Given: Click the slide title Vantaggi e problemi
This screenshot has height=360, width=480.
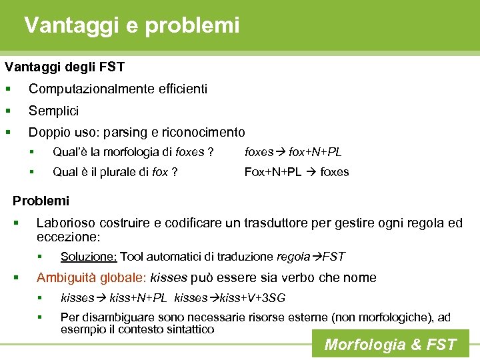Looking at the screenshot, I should point(131,25).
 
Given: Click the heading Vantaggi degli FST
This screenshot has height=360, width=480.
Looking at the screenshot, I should point(65,67).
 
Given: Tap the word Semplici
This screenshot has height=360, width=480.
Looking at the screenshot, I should point(53,111).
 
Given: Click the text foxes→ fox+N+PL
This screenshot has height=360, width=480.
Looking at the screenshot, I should point(293,152).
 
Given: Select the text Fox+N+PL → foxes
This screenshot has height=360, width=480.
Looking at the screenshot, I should point(297,172).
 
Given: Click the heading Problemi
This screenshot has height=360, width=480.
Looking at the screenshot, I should point(41,201).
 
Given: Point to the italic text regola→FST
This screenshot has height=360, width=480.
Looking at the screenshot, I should point(319,257).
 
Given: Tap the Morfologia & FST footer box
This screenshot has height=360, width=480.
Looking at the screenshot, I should point(390,344).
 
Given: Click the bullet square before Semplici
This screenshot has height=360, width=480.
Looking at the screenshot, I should point(7,111).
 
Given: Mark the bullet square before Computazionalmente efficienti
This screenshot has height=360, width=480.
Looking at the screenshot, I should point(7,89).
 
